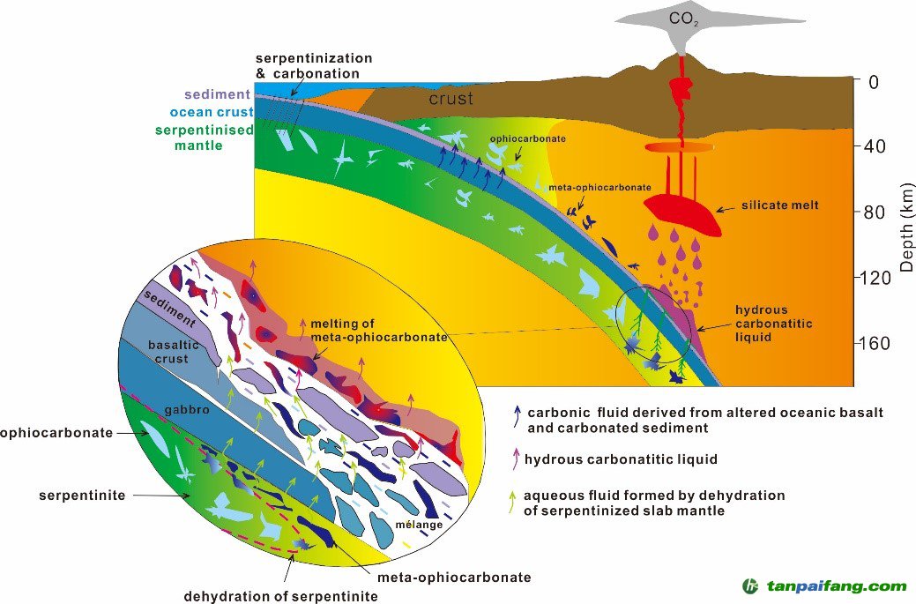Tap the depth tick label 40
[877, 146]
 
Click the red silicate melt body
[683, 213]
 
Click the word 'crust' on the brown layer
[451, 99]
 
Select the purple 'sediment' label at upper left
[218, 94]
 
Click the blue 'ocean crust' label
[211, 112]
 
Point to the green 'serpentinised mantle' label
[204, 138]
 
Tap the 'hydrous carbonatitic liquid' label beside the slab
[774, 324]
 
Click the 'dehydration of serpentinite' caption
[280, 596]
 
